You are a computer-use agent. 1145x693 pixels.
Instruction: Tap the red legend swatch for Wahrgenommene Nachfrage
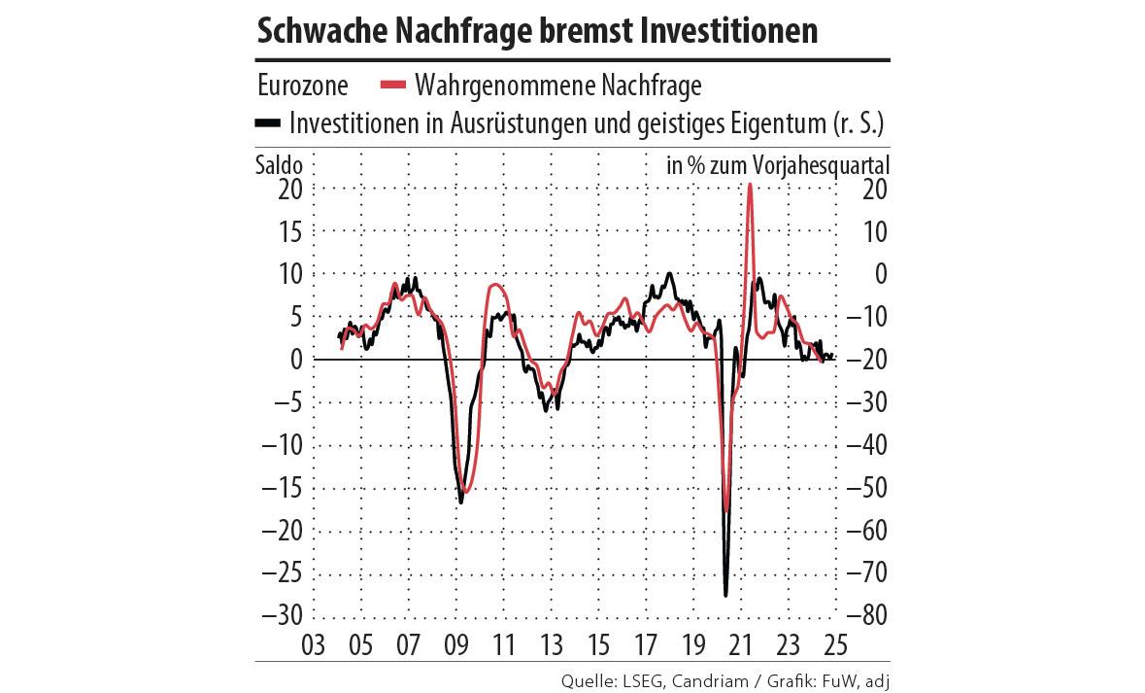point(392,86)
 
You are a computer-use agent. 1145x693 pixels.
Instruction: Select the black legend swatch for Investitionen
point(268,123)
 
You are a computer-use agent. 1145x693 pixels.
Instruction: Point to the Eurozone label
point(303,86)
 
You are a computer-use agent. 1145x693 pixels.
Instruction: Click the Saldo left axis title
point(280,165)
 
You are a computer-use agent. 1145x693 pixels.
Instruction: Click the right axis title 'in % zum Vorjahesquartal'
point(778,165)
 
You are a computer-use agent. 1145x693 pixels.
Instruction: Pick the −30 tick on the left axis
point(283,616)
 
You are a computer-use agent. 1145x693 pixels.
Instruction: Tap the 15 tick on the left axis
point(288,231)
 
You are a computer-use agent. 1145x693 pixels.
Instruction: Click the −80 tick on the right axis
point(865,616)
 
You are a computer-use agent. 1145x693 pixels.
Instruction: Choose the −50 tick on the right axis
point(865,488)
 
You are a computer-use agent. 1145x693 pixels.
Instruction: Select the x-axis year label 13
point(551,644)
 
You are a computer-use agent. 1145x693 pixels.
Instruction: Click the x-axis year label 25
point(836,644)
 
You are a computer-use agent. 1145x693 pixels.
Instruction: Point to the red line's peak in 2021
point(750,185)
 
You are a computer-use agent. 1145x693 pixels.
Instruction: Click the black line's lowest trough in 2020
point(725,595)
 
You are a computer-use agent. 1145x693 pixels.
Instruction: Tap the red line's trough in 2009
point(466,492)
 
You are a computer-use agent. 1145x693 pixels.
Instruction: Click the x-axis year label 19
point(693,644)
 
